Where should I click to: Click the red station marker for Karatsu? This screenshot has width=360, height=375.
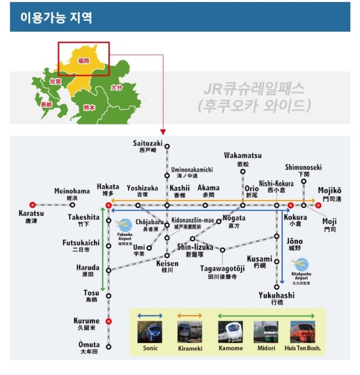tap(32, 205)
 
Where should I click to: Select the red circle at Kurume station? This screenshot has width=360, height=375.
tap(109, 321)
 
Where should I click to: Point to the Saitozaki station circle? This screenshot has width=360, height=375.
tap(167, 146)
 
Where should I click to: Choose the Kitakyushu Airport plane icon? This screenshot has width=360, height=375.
tap(300, 265)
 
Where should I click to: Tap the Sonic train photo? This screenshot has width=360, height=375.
tap(150, 332)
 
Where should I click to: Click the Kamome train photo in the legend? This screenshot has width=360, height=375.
tap(230, 332)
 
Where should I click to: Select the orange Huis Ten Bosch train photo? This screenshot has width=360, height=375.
tap(303, 332)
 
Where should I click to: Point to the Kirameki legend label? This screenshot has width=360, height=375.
tap(190, 348)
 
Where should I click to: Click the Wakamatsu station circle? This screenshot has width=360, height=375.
tap(243, 172)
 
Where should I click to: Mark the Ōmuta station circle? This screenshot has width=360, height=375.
tap(109, 347)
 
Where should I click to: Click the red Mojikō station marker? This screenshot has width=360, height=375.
tap(318, 205)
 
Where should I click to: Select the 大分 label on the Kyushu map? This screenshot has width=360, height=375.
tap(116, 88)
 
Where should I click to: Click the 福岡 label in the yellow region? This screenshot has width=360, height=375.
tap(83, 61)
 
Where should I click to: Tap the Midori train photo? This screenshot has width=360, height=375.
tap(266, 332)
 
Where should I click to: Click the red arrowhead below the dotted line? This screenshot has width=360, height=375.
tap(163, 132)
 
